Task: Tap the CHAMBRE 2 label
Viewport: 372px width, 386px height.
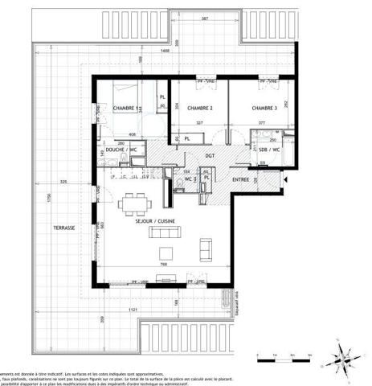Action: [199, 108]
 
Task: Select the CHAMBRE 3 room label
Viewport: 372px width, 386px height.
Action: [264, 108]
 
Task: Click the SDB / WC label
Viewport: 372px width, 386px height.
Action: [269, 150]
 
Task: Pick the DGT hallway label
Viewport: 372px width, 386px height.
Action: [210, 156]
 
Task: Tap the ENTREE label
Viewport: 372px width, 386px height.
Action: [240, 179]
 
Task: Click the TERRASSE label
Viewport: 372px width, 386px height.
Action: [63, 228]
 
